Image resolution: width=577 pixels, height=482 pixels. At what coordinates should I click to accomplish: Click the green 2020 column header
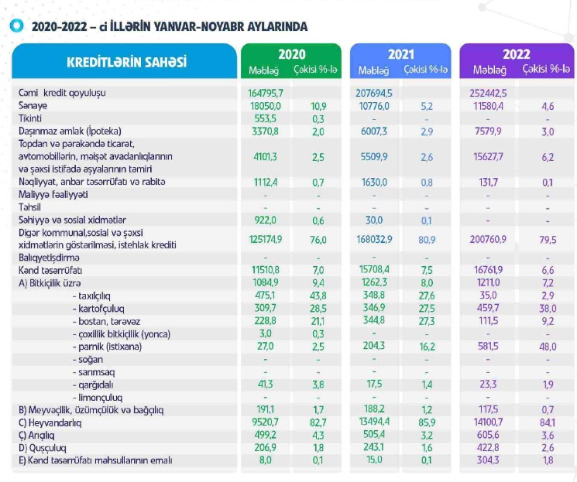click(x=292, y=55)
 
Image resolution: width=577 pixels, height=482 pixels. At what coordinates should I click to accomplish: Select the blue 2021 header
click(x=401, y=55)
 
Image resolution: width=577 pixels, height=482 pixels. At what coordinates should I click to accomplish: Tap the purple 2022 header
click(x=516, y=54)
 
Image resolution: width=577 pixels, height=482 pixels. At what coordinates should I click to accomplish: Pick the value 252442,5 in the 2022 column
click(x=489, y=93)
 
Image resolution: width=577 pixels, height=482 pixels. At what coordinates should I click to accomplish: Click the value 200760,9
click(x=489, y=239)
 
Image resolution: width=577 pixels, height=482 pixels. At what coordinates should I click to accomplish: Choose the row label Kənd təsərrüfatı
click(x=50, y=271)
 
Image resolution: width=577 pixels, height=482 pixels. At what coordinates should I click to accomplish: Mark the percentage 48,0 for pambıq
click(x=548, y=347)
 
